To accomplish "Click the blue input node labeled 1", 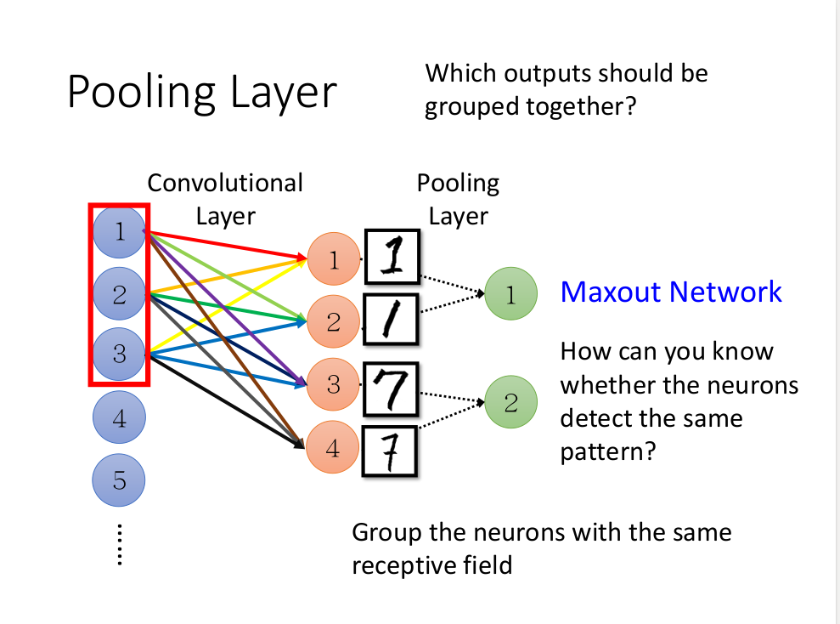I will (x=119, y=231).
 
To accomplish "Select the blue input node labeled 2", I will (x=119, y=294).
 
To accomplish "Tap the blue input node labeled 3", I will (x=119, y=353).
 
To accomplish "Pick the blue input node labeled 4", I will (x=119, y=418).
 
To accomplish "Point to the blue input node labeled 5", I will (x=119, y=480).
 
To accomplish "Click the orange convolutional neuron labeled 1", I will (x=333, y=259).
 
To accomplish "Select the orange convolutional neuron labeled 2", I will (x=333, y=321).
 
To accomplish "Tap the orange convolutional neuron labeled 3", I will (x=333, y=385).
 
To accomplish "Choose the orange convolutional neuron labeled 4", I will (x=332, y=448).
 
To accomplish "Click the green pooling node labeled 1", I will (x=510, y=294).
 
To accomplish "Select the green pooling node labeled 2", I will (x=510, y=401).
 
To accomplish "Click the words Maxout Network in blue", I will (x=671, y=292).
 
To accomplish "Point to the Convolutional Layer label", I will (x=225, y=199).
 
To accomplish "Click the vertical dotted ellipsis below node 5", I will (x=119, y=545).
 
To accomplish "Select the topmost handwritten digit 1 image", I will (x=392, y=258).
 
